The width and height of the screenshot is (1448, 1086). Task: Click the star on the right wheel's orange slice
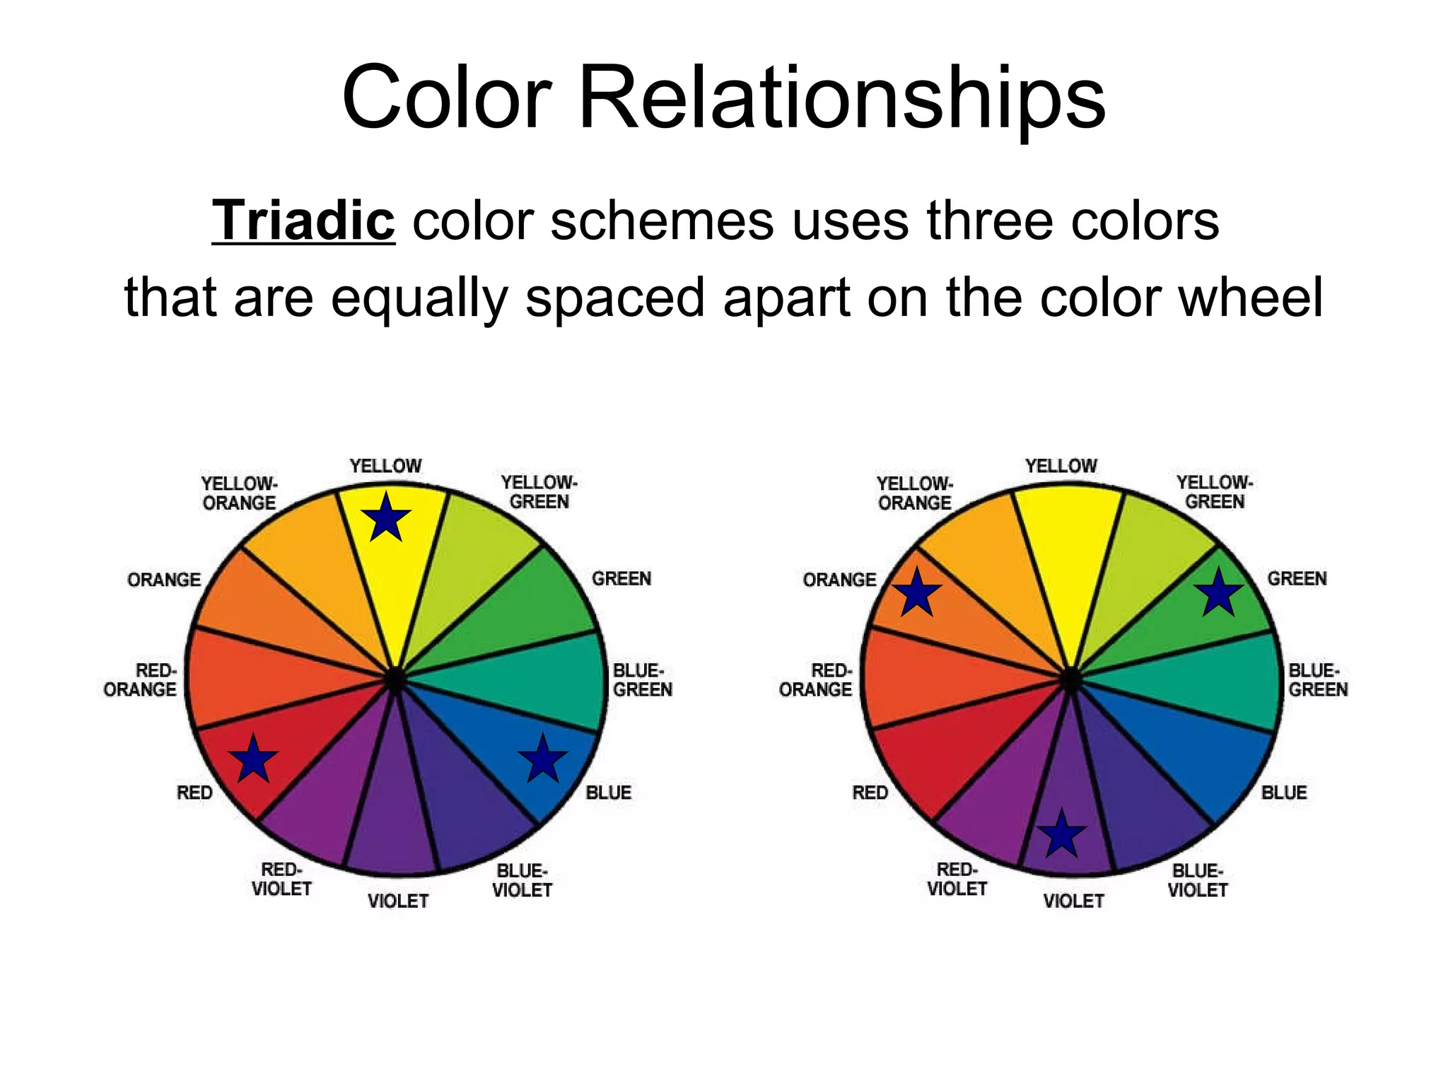point(916,593)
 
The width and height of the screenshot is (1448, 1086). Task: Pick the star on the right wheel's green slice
point(1219,594)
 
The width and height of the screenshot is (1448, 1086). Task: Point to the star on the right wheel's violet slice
point(1061,835)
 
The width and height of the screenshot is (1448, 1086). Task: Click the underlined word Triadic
point(303,221)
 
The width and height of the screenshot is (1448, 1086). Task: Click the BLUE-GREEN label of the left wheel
point(642,679)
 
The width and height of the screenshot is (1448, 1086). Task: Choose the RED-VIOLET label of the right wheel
point(957,879)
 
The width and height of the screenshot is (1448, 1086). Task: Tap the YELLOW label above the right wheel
point(1061,466)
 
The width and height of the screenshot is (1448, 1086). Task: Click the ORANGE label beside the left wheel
point(164,580)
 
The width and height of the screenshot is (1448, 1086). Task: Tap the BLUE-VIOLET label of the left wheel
point(522,880)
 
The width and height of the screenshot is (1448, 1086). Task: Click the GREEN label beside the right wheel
point(1297,578)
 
